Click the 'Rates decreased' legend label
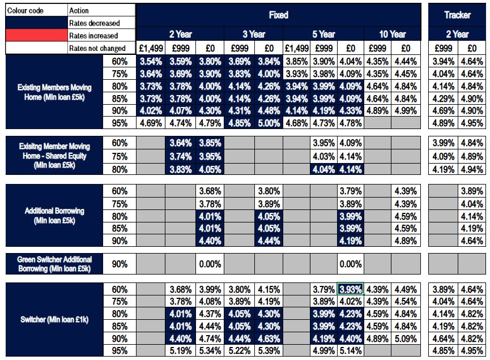(x=94, y=23)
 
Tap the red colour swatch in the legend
(x=35, y=36)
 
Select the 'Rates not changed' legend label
(x=97, y=48)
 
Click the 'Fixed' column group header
(x=279, y=15)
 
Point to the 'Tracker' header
(x=457, y=15)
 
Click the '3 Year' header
(x=254, y=34)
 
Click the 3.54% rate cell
(x=151, y=61)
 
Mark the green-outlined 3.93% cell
(x=350, y=289)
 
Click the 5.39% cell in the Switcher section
(x=269, y=350)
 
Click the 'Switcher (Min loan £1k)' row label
(x=54, y=320)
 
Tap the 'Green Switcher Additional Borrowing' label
(x=54, y=264)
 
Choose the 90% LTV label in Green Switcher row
(x=120, y=264)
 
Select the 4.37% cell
(x=210, y=314)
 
